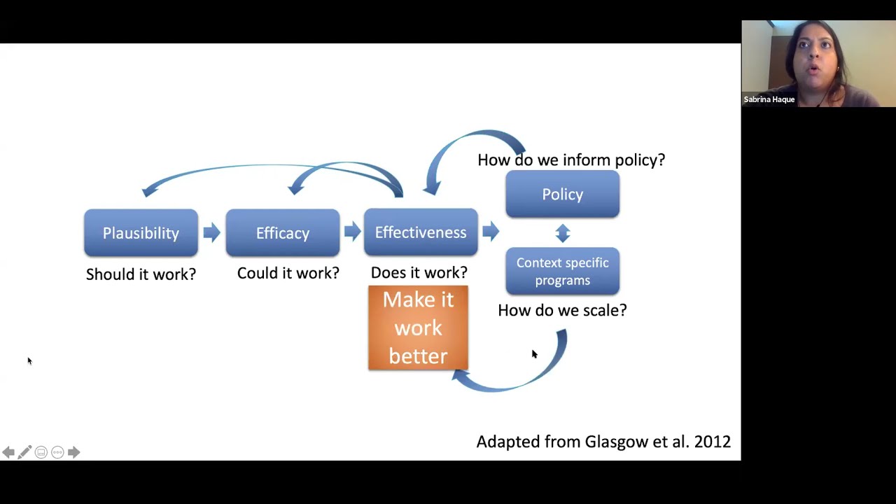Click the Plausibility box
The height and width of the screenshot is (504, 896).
[141, 233]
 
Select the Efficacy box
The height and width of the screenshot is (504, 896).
[282, 233]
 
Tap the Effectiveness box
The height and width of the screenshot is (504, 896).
[420, 232]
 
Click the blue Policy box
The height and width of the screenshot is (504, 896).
[562, 195]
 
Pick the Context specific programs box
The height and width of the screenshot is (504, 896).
[562, 271]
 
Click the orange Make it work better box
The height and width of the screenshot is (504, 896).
[418, 328]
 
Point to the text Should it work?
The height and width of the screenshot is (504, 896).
[141, 274]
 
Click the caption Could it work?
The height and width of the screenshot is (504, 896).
[288, 273]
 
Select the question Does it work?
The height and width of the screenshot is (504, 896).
[419, 272]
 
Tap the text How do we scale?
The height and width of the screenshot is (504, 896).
[562, 310]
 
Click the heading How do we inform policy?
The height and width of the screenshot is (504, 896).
[571, 160]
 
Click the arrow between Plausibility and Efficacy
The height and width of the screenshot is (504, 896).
[211, 232]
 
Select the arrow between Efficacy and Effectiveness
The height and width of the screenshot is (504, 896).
[352, 232]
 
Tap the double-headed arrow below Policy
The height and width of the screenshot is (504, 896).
[563, 232]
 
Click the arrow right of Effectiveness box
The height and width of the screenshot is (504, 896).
[491, 232]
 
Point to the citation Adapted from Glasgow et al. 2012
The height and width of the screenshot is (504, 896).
[603, 442]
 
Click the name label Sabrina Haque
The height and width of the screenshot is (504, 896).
[769, 99]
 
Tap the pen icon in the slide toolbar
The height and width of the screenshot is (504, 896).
[24, 452]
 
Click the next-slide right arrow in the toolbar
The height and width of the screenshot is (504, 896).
[73, 452]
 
